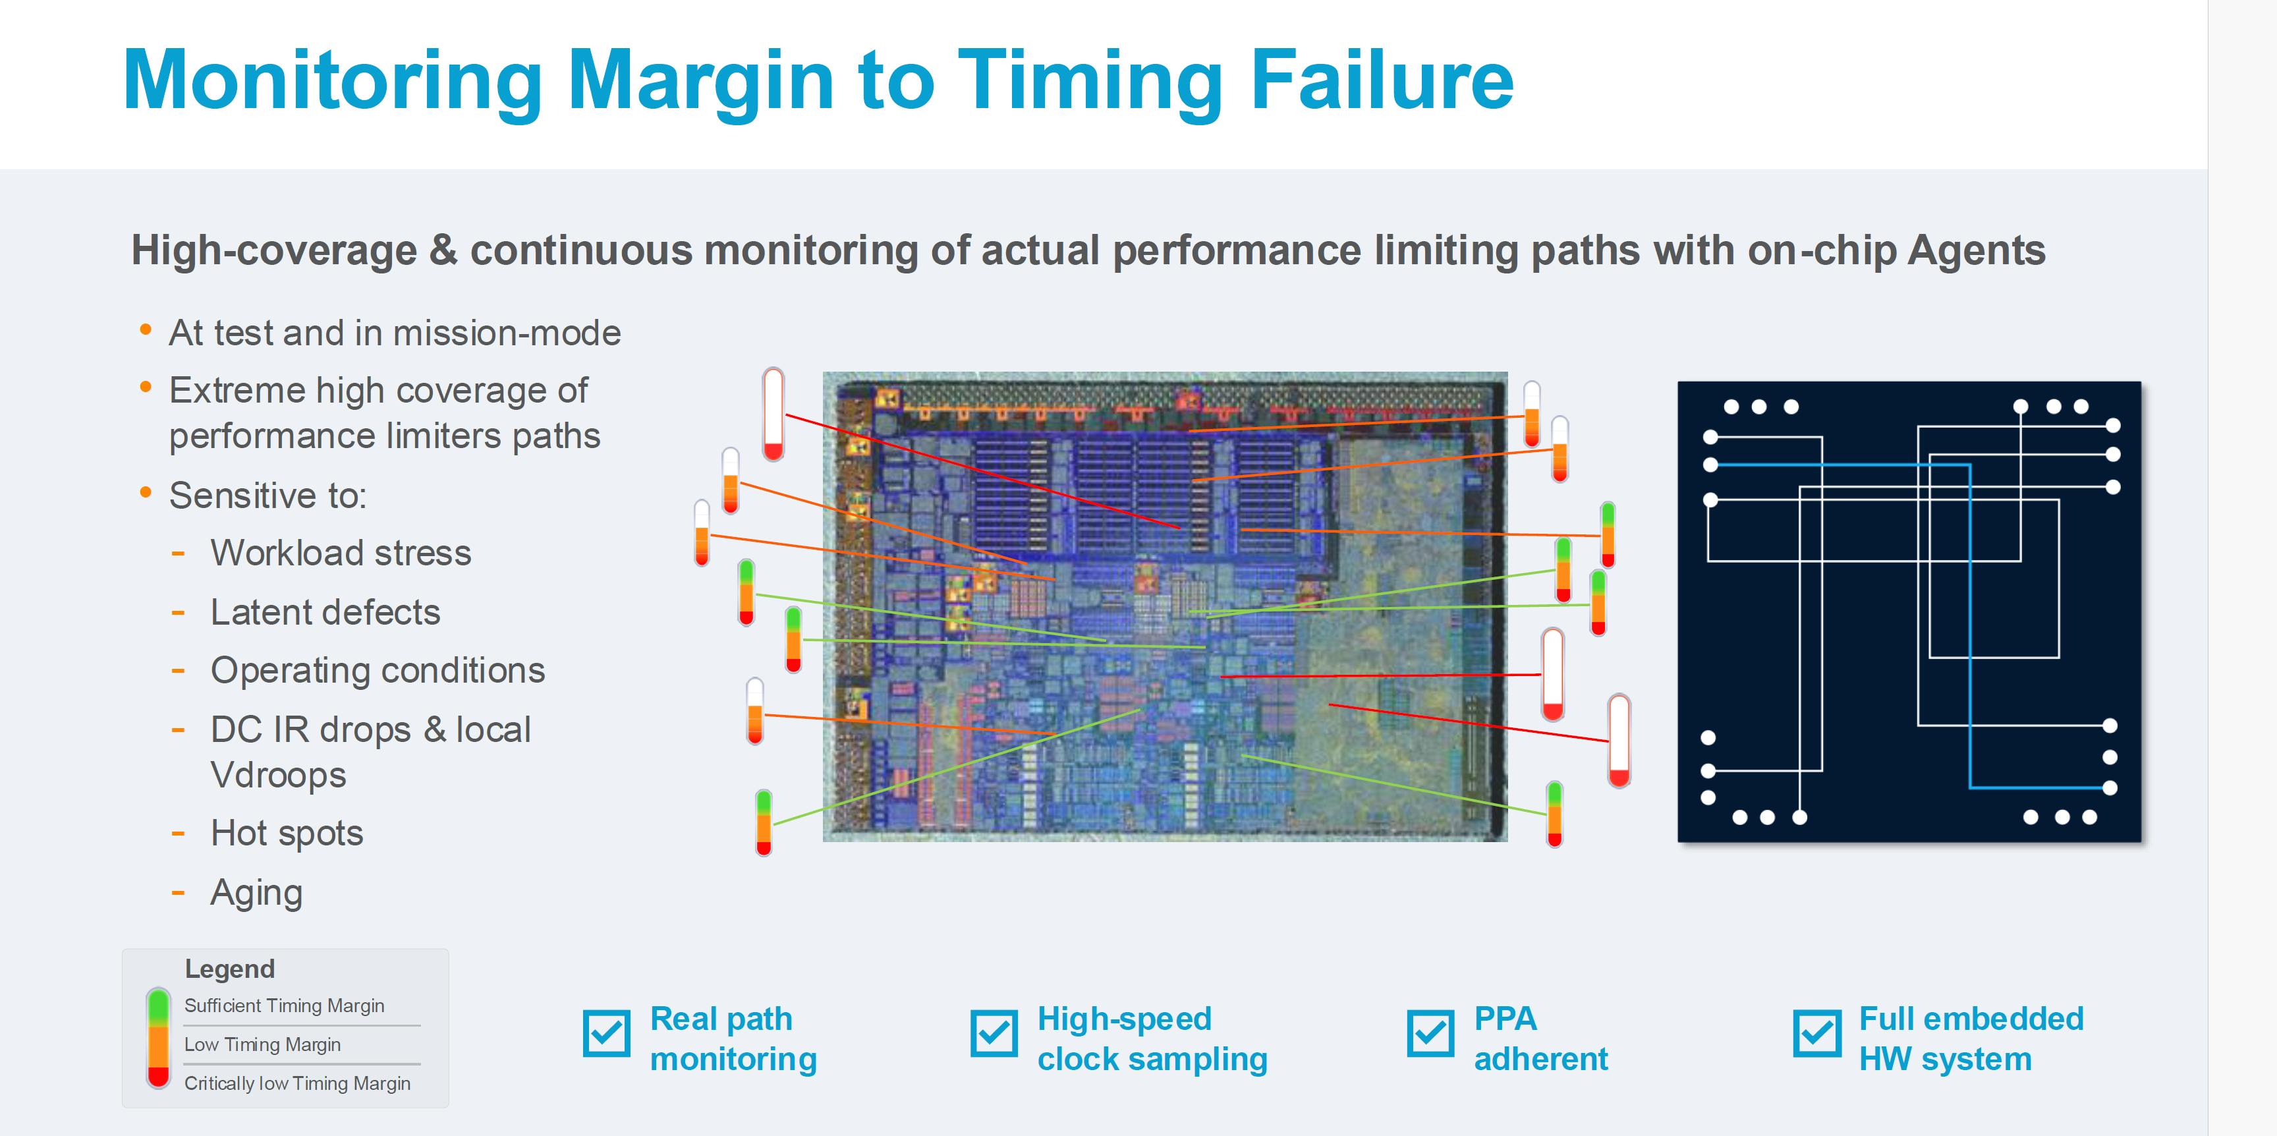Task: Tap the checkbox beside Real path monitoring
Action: (x=606, y=1033)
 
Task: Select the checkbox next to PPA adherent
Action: (x=1430, y=1033)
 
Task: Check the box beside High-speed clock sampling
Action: (x=994, y=1033)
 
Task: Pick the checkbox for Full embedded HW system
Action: (x=1817, y=1033)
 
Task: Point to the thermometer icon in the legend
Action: (x=158, y=1038)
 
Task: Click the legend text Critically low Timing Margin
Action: (x=297, y=1083)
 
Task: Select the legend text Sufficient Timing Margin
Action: (x=284, y=1006)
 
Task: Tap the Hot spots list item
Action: (x=287, y=833)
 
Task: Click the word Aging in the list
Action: (x=256, y=893)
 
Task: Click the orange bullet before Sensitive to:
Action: (x=146, y=492)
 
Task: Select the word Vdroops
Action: (x=277, y=776)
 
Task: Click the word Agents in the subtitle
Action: (x=1977, y=250)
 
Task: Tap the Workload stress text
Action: (x=341, y=553)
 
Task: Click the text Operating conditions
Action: (x=378, y=670)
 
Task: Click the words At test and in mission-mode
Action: (x=394, y=333)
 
